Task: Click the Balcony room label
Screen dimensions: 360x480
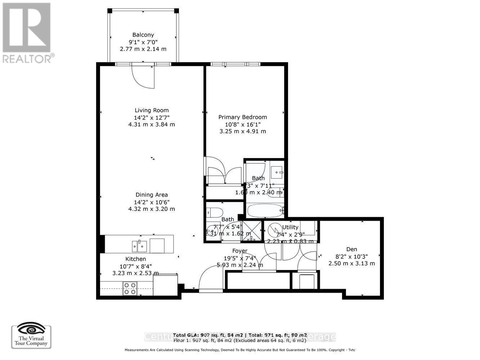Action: [143, 35]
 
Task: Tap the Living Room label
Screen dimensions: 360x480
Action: [152, 111]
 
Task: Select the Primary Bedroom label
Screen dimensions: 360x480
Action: [243, 117]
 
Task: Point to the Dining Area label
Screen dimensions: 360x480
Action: [152, 195]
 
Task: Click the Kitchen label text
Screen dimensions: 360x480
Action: [135, 259]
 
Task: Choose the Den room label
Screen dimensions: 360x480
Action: [351, 249]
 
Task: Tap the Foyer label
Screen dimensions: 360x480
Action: [239, 251]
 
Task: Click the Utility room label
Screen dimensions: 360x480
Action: [290, 227]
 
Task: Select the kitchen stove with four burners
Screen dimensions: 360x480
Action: [130, 288]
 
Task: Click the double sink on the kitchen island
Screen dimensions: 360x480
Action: [140, 246]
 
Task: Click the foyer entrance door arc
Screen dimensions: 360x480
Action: [208, 277]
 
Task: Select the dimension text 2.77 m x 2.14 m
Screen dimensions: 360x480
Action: [143, 49]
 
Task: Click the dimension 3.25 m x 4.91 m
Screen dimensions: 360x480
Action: [243, 131]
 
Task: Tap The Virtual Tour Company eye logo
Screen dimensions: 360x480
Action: [31, 329]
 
